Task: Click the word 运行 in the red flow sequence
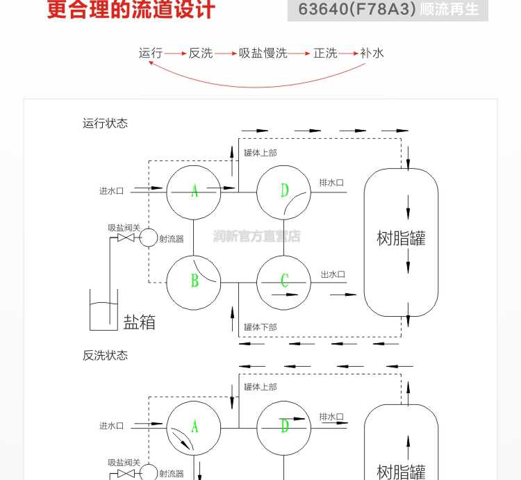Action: tap(151, 53)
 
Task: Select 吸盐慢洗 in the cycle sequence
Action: tap(263, 53)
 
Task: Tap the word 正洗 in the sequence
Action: tap(325, 53)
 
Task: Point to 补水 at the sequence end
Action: tap(372, 53)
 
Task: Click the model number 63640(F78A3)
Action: tap(357, 9)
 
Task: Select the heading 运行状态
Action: tap(105, 123)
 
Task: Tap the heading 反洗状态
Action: tap(105, 356)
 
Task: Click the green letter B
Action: tap(195, 281)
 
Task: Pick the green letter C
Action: tap(284, 281)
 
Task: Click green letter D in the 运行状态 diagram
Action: tap(284, 190)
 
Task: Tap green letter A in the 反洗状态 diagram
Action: tap(195, 427)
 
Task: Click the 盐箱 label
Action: tap(139, 322)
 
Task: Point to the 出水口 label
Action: tap(333, 274)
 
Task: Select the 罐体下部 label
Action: tap(260, 327)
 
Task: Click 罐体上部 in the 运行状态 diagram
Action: tap(260, 153)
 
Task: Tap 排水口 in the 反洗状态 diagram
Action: tap(331, 417)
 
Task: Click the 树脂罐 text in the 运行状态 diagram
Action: tap(401, 238)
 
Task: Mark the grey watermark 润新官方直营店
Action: tap(256, 236)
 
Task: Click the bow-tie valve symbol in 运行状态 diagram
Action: tap(126, 238)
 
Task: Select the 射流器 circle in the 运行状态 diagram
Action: tap(148, 238)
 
